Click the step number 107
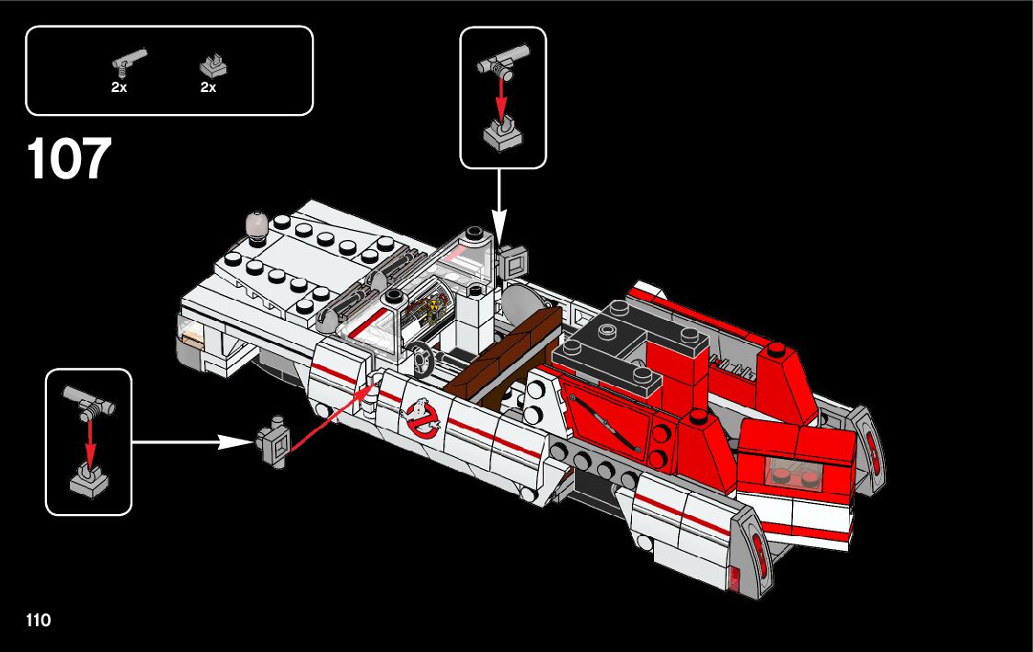point(70,159)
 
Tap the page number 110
point(39,621)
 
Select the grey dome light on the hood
point(255,223)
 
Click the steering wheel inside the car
point(421,358)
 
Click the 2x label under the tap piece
point(119,88)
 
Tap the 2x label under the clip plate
point(208,88)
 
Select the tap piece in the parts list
point(128,63)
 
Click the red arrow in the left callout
point(90,440)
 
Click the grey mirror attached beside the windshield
point(511,261)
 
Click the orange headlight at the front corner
point(192,332)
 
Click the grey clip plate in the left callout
point(89,481)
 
